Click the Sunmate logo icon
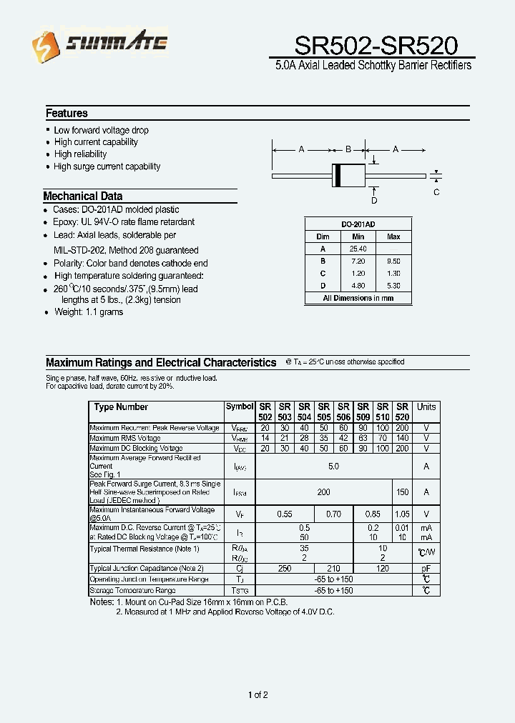tap(42, 49)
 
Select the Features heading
tap(67, 113)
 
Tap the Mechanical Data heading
tap(82, 196)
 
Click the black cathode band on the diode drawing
tap(337, 175)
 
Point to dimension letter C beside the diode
tap(436, 192)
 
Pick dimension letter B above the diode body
tap(348, 150)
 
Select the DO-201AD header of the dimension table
tap(358, 224)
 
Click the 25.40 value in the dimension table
tap(358, 249)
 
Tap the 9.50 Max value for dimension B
tap(393, 261)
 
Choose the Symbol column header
tap(240, 407)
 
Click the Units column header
tap(426, 407)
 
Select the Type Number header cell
tap(121, 407)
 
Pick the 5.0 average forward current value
tap(333, 467)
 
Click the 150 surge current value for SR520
tap(402, 492)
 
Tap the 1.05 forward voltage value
tap(402, 514)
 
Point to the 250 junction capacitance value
tap(285, 569)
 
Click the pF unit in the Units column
tap(426, 569)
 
